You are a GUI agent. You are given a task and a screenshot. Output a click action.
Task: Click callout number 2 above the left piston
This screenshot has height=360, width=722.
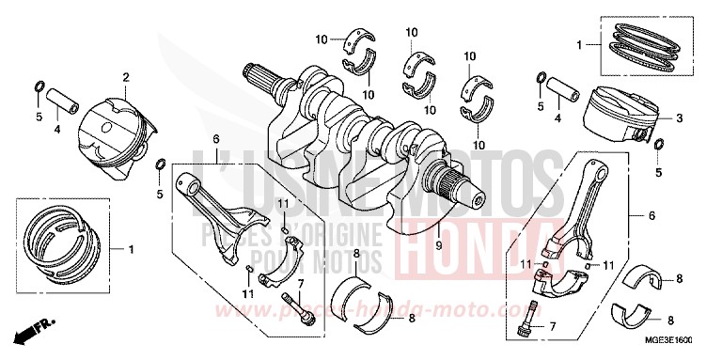pyautogui.click(x=125, y=77)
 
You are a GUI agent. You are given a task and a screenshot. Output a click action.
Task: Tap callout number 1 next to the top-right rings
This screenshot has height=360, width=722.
pyautogui.click(x=580, y=43)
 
